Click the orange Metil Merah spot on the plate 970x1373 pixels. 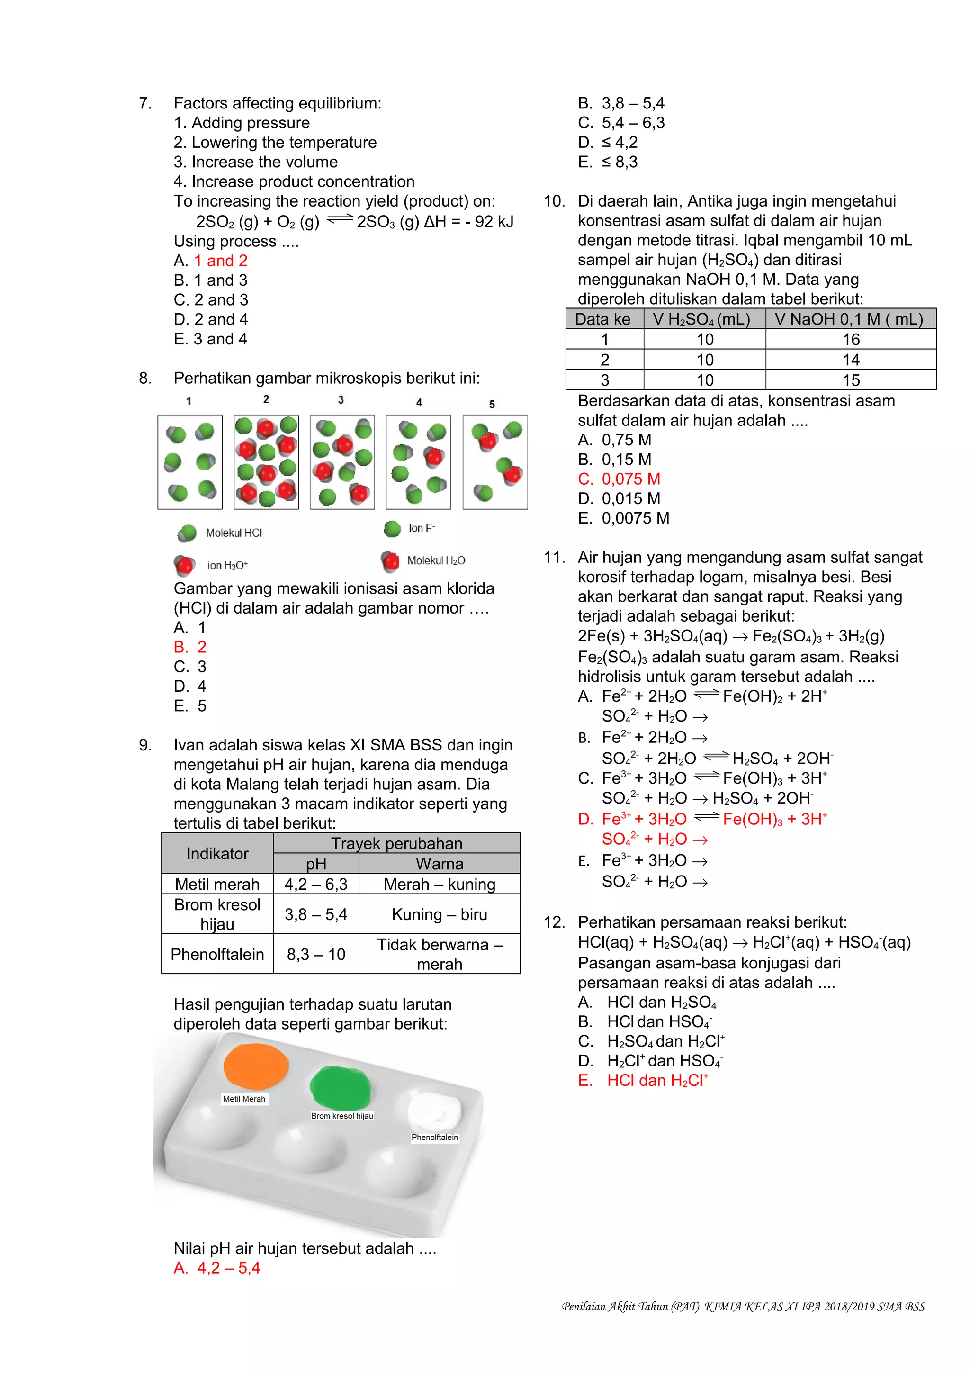[x=256, y=1066]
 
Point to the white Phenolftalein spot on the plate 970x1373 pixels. [x=434, y=1111]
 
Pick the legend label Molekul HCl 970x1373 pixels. [x=234, y=533]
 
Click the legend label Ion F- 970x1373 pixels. [x=422, y=528]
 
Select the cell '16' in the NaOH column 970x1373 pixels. [x=851, y=340]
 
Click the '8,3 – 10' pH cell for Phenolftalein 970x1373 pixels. [x=316, y=954]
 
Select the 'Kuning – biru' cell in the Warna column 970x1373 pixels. [x=439, y=914]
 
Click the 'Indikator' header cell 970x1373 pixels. [x=217, y=853]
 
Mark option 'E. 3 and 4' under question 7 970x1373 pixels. [x=210, y=339]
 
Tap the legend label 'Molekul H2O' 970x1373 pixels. [x=436, y=561]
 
